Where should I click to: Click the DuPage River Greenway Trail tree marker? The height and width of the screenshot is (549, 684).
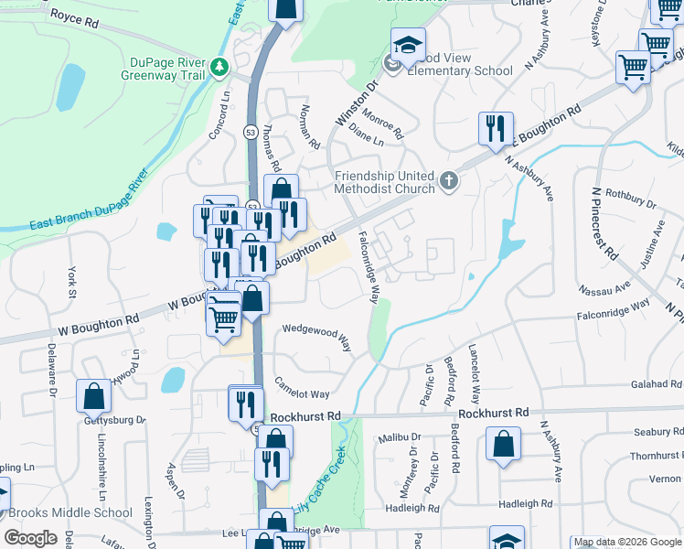(x=219, y=67)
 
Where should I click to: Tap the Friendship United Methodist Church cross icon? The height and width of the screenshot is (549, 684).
(x=448, y=180)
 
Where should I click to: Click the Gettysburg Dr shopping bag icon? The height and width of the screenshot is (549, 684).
(x=93, y=396)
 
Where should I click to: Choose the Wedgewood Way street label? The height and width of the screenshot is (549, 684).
(x=317, y=335)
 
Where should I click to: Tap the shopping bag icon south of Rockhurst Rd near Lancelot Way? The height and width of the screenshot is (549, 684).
(x=503, y=447)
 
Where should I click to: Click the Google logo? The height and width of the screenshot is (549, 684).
(x=30, y=538)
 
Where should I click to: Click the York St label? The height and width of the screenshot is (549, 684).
(x=71, y=283)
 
